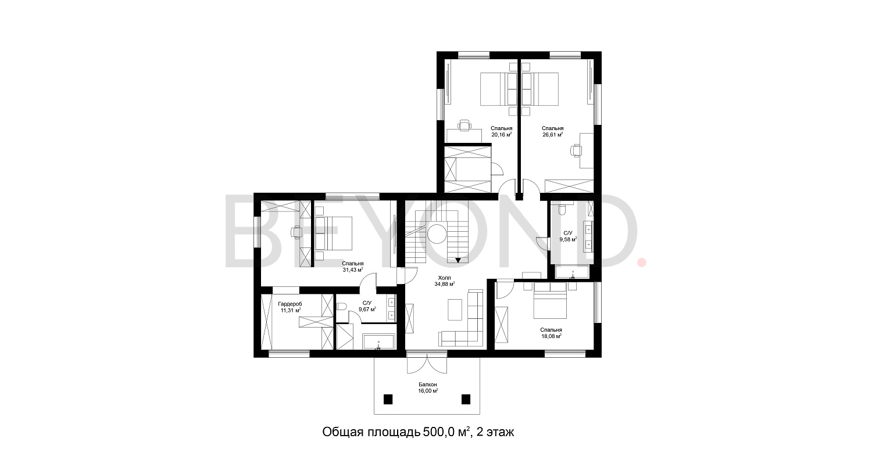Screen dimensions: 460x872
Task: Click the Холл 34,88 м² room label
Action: point(444,281)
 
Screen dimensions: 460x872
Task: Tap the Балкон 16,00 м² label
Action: point(427,388)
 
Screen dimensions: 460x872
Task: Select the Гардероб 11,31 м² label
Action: point(290,307)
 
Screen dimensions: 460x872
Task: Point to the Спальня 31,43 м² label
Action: point(352,267)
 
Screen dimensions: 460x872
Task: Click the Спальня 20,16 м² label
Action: point(501,131)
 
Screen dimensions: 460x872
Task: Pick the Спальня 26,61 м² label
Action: point(552,131)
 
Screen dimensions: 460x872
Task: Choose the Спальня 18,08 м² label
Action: point(550,333)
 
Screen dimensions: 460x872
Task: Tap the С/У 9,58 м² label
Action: point(568,236)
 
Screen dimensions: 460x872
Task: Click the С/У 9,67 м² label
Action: point(367,306)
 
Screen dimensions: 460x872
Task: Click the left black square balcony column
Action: point(388,399)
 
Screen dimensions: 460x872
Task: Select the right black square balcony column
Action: point(466,399)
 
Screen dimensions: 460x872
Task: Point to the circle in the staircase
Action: point(437,235)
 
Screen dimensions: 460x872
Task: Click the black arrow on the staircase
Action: point(459,260)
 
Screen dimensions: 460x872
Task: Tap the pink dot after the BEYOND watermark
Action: point(641,263)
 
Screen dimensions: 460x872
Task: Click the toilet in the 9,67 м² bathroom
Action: point(342,306)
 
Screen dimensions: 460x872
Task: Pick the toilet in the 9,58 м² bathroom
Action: point(562,209)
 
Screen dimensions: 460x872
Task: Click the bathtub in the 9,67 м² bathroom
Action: point(378,342)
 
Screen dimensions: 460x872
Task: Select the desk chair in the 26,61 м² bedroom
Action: point(576,150)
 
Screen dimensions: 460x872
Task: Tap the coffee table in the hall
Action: point(456,308)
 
